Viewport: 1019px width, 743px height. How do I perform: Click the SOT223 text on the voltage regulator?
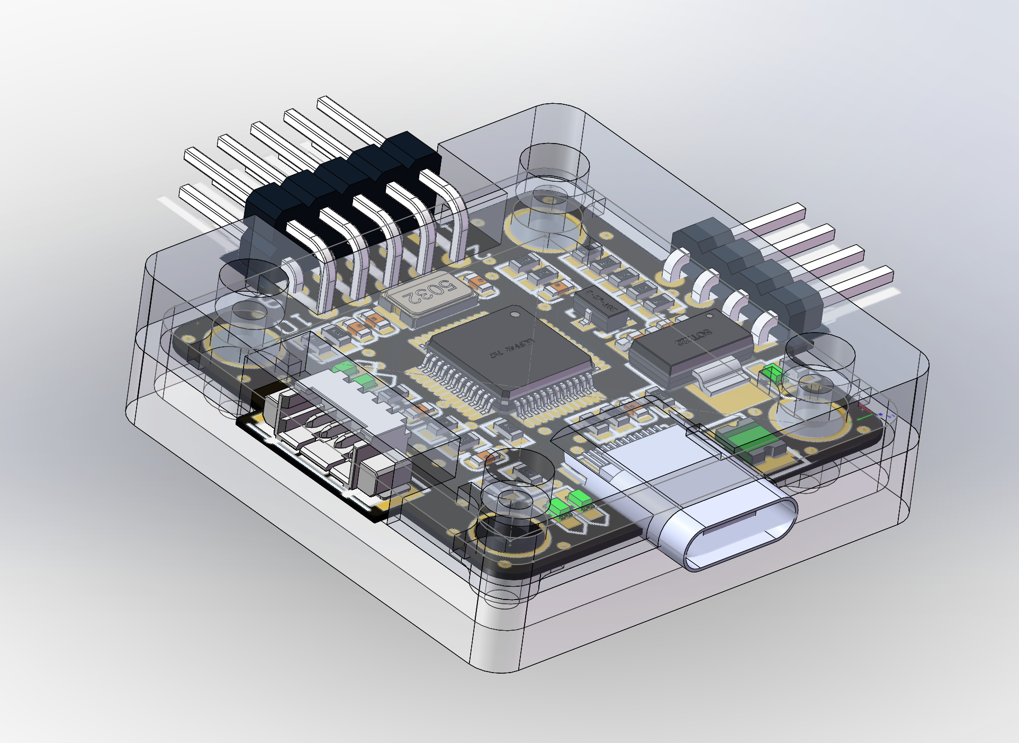(x=693, y=337)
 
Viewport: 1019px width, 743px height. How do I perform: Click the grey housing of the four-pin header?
(x=752, y=265)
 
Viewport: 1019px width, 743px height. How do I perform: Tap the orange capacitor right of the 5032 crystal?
(x=479, y=283)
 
